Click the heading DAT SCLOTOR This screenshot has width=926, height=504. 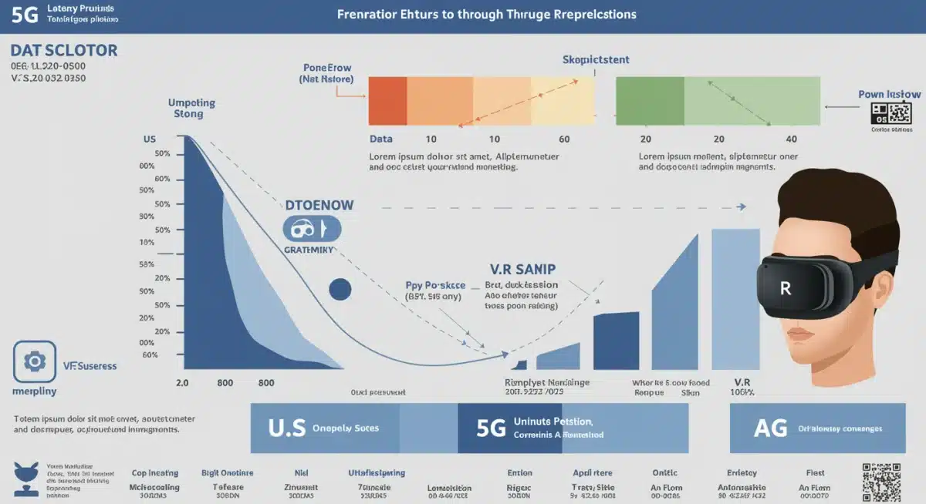click(64, 51)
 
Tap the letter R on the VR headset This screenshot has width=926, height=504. click(786, 289)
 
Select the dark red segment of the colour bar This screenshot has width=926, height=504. click(387, 101)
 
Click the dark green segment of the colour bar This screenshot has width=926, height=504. click(650, 101)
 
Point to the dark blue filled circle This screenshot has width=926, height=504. click(340, 290)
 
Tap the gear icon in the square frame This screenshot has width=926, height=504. click(35, 362)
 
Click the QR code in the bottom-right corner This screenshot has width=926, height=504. click(881, 482)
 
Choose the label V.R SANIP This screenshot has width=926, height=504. click(523, 270)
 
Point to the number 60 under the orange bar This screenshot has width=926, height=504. click(564, 139)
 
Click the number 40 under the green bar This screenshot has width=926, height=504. click(790, 139)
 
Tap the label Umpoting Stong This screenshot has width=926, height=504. click(191, 108)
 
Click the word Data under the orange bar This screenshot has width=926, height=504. click(380, 139)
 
